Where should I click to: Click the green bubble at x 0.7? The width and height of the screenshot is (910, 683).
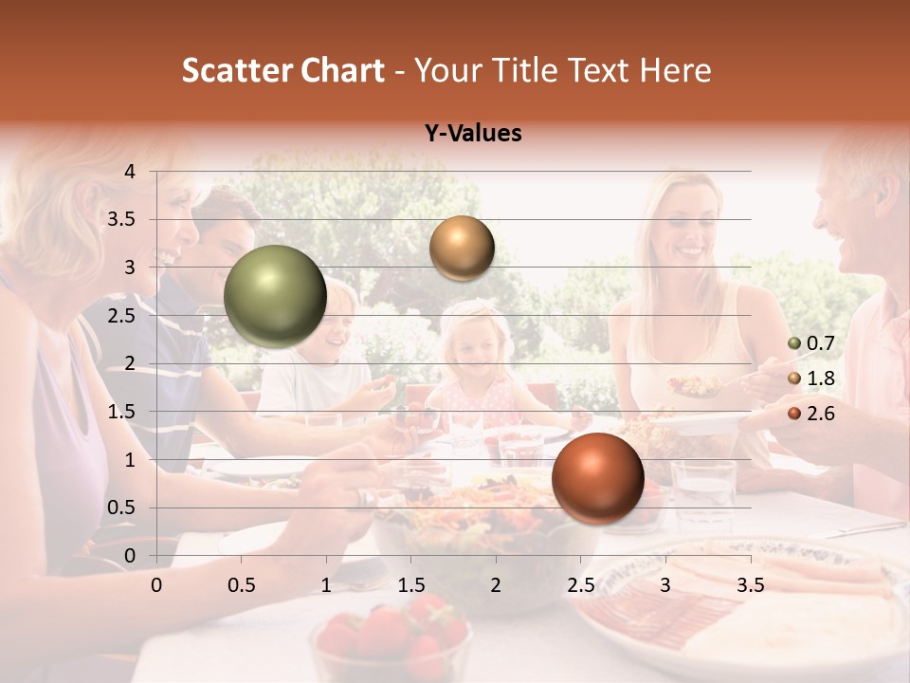click(276, 296)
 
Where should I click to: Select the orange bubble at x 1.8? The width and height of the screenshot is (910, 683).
click(462, 248)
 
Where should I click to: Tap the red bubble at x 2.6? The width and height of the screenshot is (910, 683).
click(597, 478)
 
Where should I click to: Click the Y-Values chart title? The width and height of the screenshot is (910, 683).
click(473, 134)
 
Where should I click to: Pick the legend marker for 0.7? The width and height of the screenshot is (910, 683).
click(794, 343)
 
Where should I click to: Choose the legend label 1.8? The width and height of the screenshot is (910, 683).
click(821, 378)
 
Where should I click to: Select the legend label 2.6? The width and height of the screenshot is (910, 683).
click(821, 414)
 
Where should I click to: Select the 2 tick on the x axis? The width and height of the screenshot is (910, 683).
click(496, 585)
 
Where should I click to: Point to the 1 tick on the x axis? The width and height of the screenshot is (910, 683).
click(326, 585)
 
